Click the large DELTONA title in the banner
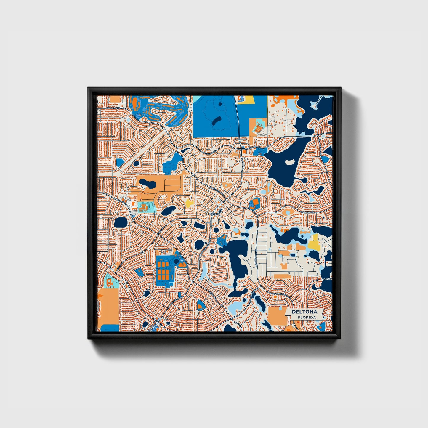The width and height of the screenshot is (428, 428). (x=304, y=312)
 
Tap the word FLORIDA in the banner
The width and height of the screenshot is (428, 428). (x=307, y=318)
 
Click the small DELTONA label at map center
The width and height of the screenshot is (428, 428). (x=214, y=214)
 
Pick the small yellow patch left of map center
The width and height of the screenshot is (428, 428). (x=189, y=203)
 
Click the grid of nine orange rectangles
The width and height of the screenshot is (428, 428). (x=164, y=270)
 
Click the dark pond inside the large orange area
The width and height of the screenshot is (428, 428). (x=148, y=184)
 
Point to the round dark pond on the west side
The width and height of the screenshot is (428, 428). (x=121, y=222)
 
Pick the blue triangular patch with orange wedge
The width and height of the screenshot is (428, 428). (x=201, y=305)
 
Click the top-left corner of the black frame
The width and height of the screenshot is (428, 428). (x=88, y=88)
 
